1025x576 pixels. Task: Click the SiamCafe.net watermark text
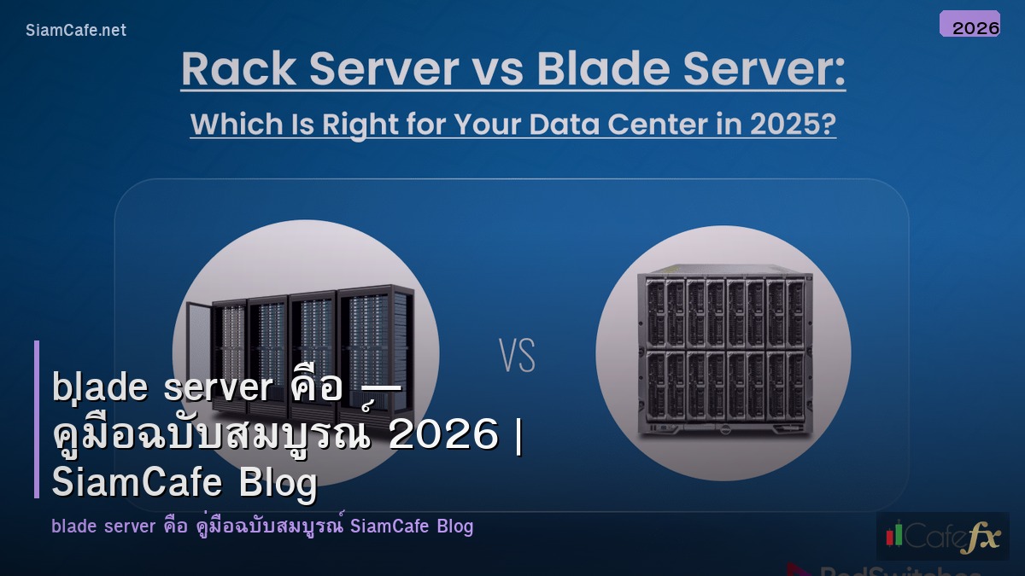tap(76, 30)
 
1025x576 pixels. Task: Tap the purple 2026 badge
tap(969, 24)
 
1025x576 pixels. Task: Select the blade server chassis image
tap(723, 352)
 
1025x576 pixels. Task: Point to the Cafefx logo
tap(942, 536)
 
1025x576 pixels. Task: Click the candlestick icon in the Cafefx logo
tap(894, 534)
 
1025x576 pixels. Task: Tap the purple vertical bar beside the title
tap(37, 419)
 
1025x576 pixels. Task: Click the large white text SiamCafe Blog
tap(184, 483)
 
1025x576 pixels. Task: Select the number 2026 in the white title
tap(442, 436)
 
